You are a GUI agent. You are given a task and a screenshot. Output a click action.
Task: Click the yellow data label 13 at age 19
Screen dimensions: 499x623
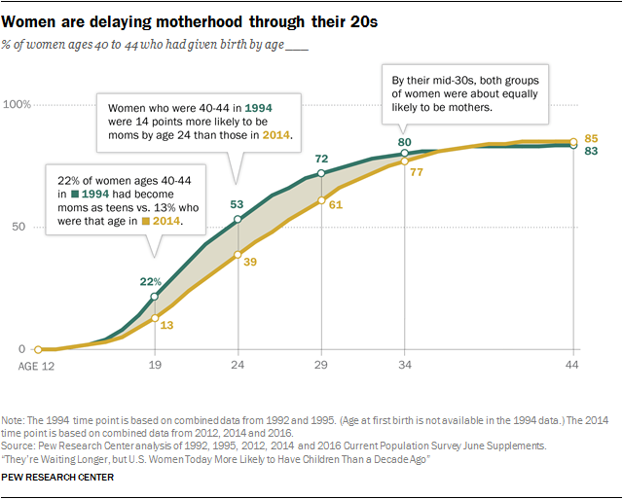pyautogui.click(x=166, y=325)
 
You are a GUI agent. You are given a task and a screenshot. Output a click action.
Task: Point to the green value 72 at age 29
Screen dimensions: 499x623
pyautogui.click(x=320, y=158)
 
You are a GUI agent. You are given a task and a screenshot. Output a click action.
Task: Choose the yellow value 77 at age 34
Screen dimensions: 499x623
pyautogui.click(x=416, y=171)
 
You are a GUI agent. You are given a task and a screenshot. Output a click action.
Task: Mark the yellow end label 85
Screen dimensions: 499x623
pyautogui.click(x=591, y=140)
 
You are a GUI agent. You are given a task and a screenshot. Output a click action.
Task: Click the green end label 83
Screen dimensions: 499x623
pyautogui.click(x=591, y=153)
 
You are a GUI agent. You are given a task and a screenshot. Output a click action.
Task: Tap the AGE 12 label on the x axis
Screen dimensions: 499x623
pyautogui.click(x=37, y=368)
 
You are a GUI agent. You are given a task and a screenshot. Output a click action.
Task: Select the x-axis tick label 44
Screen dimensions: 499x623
pyautogui.click(x=573, y=368)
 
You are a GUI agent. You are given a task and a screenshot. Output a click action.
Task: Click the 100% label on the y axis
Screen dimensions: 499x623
pyautogui.click(x=19, y=104)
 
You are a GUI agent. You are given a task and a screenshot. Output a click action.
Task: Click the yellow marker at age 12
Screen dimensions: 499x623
pyautogui.click(x=38, y=349)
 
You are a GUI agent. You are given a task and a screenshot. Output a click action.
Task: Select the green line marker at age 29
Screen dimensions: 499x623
pyautogui.click(x=321, y=174)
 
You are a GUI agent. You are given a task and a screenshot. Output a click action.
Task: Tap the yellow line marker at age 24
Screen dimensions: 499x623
pyautogui.click(x=238, y=254)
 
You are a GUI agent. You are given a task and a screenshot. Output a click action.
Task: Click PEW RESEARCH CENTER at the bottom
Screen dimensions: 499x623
pyautogui.click(x=58, y=478)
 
